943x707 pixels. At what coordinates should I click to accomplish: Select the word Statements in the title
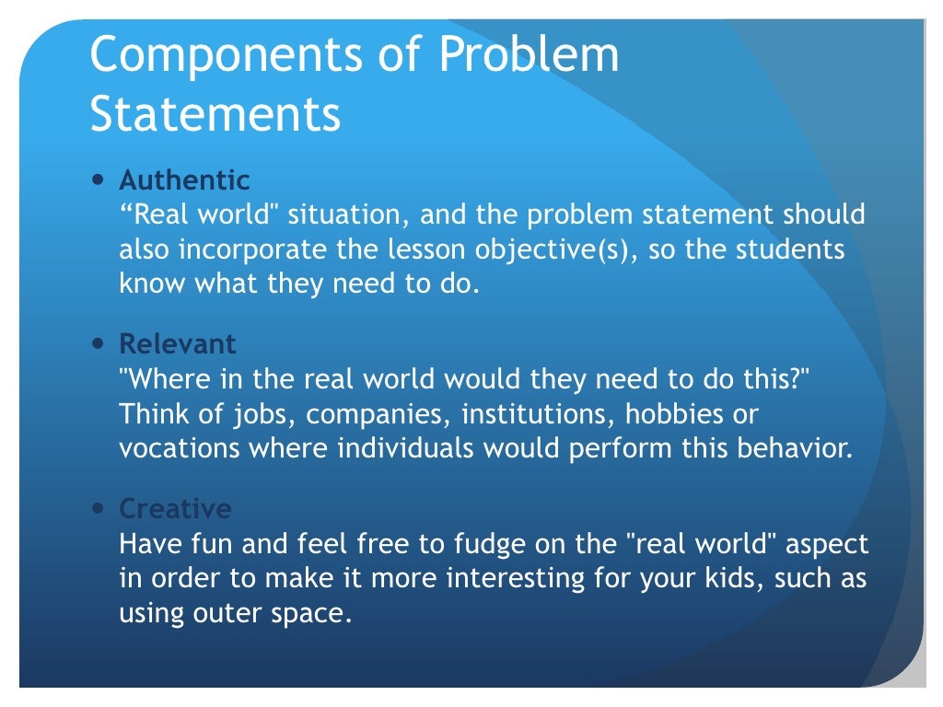tap(215, 114)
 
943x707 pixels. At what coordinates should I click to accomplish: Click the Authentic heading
tap(184, 180)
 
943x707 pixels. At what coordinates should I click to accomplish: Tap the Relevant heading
tap(178, 344)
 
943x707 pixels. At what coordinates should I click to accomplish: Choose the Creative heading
tap(175, 509)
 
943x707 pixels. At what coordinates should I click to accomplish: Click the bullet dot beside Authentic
tap(99, 179)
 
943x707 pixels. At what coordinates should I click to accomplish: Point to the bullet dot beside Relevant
tap(99, 343)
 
